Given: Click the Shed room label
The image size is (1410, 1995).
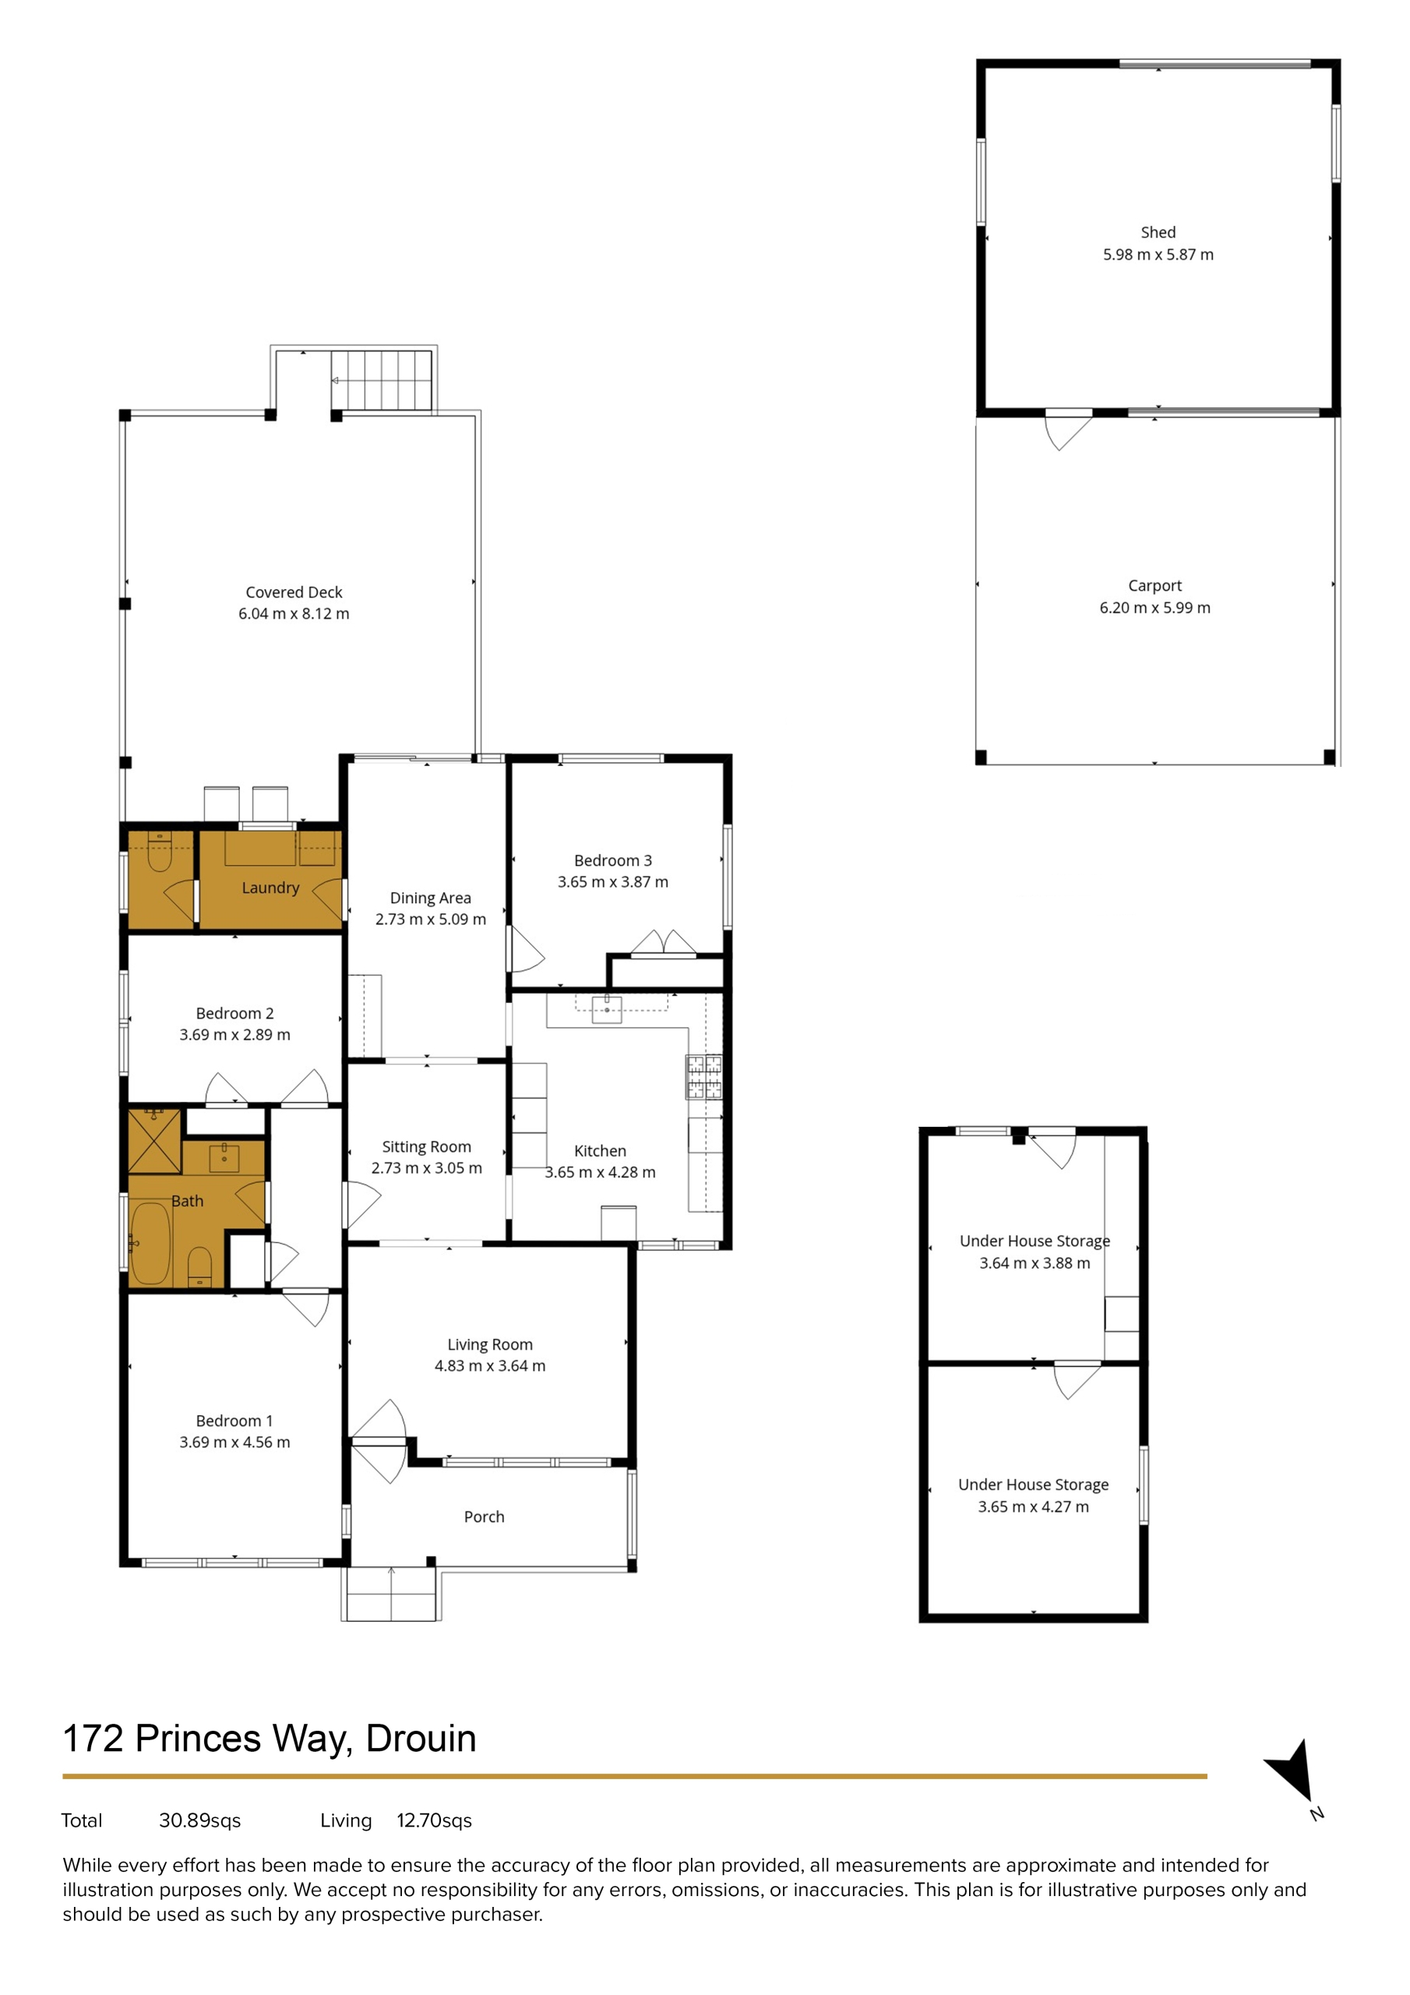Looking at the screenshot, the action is pyautogui.click(x=1158, y=233).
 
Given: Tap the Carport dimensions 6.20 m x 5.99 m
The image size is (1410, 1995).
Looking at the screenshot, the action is pyautogui.click(x=1154, y=608).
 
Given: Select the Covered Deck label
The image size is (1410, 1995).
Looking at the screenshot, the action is pyautogui.click(x=294, y=592).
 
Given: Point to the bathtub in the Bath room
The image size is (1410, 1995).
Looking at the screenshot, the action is pyautogui.click(x=150, y=1244).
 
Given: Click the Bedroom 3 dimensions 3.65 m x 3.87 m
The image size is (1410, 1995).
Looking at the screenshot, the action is pyautogui.click(x=613, y=882).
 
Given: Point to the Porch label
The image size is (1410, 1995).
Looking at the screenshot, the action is pyautogui.click(x=484, y=1517).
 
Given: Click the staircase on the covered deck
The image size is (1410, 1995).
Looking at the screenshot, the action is pyautogui.click(x=382, y=380).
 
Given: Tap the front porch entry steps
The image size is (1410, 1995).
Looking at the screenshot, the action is pyautogui.click(x=390, y=1594).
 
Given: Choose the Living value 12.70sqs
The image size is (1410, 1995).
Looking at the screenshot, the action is pyautogui.click(x=435, y=1820).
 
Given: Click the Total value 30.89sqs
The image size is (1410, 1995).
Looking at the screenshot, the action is pyautogui.click(x=200, y=1820).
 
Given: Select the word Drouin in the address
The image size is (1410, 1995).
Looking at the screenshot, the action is pyautogui.click(x=421, y=1739).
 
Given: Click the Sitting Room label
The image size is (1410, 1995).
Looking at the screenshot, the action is pyautogui.click(x=427, y=1147).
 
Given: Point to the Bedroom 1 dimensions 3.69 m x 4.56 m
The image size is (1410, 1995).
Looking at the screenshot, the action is pyautogui.click(x=234, y=1442).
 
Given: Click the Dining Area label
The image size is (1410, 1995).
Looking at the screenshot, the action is pyautogui.click(x=430, y=898).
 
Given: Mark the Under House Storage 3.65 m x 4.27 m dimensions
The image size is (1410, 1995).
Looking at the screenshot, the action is pyautogui.click(x=1033, y=1506).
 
